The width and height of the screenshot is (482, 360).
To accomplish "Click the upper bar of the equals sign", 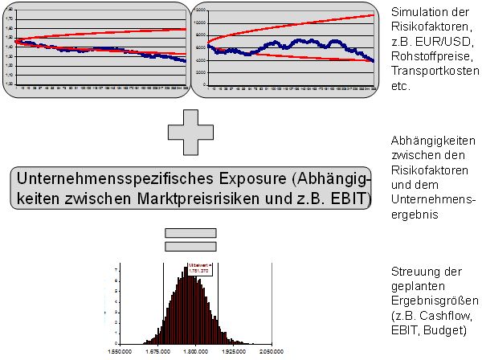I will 190,233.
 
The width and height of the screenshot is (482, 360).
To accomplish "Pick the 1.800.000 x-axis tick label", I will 197,350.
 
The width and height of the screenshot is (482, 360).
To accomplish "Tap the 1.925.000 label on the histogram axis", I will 234,350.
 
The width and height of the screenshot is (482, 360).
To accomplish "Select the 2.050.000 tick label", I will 272,350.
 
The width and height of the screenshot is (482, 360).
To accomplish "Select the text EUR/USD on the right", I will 450,40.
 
